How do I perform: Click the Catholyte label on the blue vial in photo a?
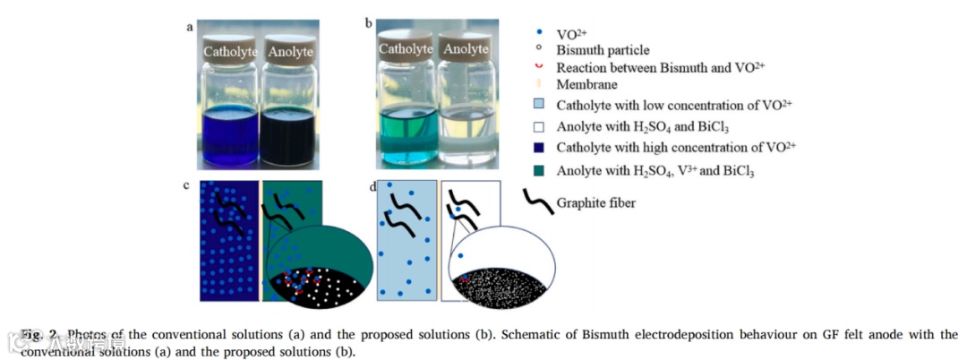coord(230,51)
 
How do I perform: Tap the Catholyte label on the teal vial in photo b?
coord(406,48)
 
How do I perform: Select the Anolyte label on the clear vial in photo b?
coord(466,48)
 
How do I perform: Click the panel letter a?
coord(189,27)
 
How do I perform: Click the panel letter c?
coord(185,185)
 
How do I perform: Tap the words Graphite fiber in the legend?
coord(595,203)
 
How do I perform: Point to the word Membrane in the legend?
coord(586,84)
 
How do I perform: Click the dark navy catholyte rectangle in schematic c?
coord(228,240)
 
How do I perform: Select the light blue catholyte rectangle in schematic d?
coord(406,240)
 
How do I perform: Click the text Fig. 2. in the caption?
coord(34,335)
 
